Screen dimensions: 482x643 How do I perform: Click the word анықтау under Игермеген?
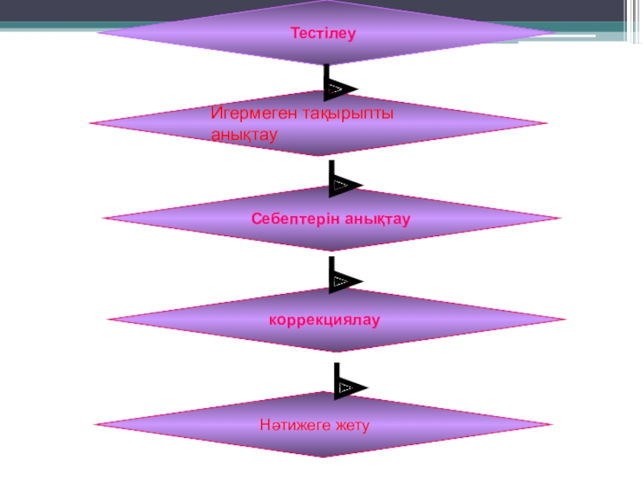[244, 135]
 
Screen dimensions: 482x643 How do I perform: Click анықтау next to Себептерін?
[378, 218]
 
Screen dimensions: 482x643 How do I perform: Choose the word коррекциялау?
[324, 319]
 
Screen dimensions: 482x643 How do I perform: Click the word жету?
[351, 423]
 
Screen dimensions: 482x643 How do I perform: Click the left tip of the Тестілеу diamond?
[98, 33]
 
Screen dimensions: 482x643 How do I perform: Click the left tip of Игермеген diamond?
[89, 124]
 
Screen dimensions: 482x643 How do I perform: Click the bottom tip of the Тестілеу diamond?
[326, 65]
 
